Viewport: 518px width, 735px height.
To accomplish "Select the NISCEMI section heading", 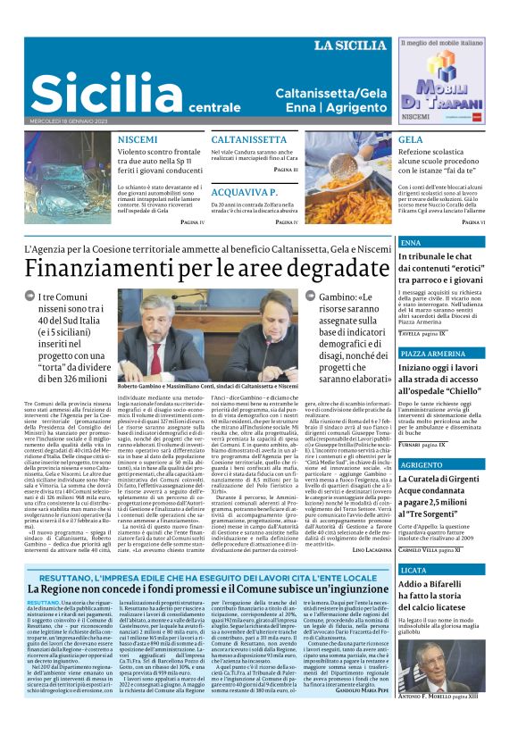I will click(x=138, y=140).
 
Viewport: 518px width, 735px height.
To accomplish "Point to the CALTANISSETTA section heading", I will click(x=248, y=140).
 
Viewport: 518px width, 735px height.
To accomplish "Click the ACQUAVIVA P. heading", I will click(x=245, y=192).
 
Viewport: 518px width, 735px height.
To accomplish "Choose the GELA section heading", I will click(x=410, y=140).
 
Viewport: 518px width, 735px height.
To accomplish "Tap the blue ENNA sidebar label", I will click(x=411, y=243).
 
